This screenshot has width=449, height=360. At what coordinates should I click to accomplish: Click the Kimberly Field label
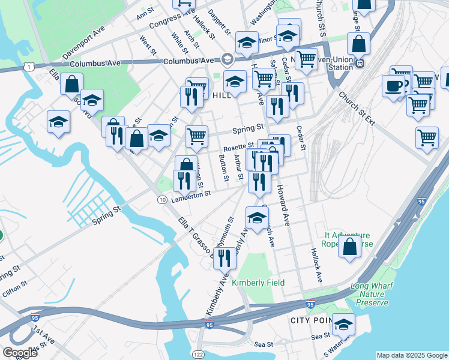click(x=258, y=282)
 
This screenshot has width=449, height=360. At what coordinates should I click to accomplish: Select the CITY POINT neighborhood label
click(x=311, y=320)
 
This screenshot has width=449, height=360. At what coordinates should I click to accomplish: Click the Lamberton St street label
click(x=190, y=195)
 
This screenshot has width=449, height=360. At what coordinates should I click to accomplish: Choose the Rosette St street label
click(x=238, y=146)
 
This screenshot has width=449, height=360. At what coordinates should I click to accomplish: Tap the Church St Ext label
click(x=356, y=108)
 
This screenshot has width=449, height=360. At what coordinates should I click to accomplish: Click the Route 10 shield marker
click(x=162, y=199)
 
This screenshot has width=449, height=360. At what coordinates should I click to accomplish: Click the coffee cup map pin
click(x=393, y=85)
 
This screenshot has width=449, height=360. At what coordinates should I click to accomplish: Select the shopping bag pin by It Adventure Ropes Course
click(x=349, y=245)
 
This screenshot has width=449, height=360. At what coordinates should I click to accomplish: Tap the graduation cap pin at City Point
click(x=343, y=325)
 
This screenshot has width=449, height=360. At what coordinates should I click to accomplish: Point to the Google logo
click(x=20, y=353)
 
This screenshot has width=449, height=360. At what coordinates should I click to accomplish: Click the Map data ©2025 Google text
click(x=411, y=355)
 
